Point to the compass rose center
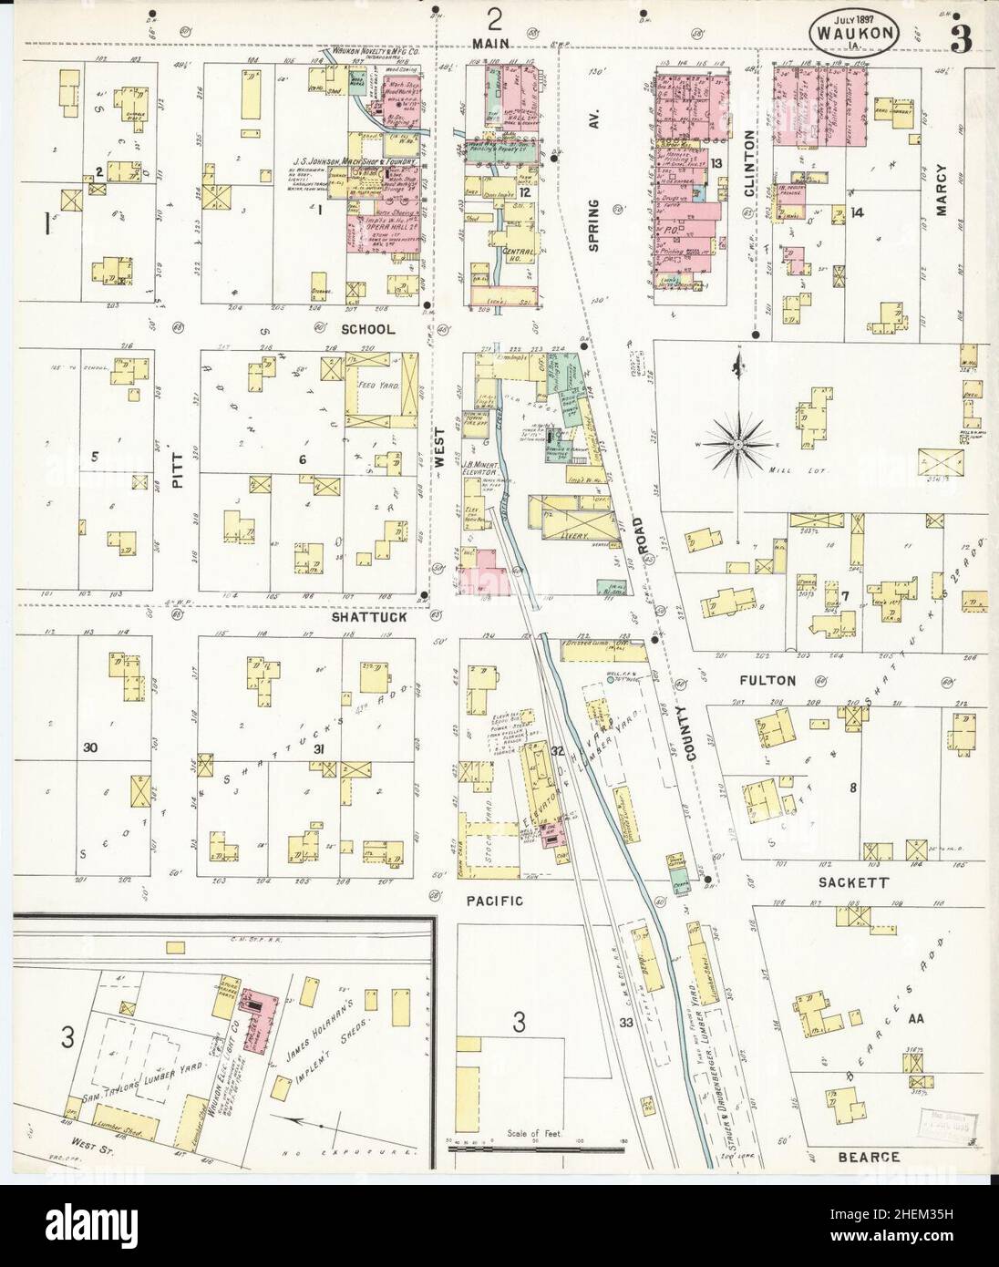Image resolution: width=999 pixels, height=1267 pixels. coord(736,444)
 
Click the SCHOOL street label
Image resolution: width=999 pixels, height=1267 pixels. coord(368,329)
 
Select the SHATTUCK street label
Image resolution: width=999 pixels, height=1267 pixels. coord(368,617)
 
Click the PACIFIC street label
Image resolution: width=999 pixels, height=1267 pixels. coord(496,901)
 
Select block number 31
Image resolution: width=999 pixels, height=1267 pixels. coord(318,748)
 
